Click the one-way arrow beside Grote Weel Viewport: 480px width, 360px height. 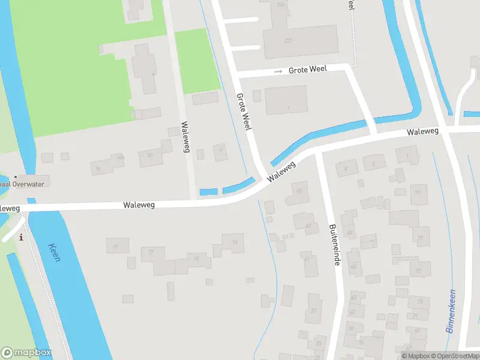click(277, 71)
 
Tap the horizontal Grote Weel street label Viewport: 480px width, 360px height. click(308, 70)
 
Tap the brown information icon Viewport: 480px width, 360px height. click(22, 237)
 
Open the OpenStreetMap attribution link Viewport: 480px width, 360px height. click(457, 356)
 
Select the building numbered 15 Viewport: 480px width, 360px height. click(196, 259)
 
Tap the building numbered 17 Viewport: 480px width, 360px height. click(151, 251)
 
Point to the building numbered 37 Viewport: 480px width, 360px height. click(314, 310)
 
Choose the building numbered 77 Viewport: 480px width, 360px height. click(420, 238)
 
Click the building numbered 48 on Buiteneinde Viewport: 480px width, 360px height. click(350, 233)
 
